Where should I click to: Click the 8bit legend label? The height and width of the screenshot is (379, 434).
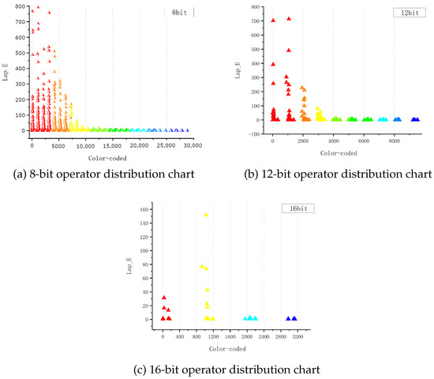point(179,13)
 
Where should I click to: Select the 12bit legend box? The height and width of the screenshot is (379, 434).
point(410,13)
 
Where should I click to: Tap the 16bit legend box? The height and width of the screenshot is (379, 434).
point(298,208)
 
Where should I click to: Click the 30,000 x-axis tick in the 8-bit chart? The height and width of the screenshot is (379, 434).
point(193,145)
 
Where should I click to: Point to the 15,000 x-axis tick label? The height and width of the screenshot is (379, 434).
point(112,146)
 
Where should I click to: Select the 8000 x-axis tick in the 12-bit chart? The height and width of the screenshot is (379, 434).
point(394,141)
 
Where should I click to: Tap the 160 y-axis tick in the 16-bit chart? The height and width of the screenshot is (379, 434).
point(144,209)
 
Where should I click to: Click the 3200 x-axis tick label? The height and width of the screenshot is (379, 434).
point(297,336)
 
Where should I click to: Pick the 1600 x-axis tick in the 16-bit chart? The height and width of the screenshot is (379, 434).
point(230,336)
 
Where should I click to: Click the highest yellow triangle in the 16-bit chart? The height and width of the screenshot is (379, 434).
point(206,215)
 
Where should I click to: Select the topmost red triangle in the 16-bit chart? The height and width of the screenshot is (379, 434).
point(164,298)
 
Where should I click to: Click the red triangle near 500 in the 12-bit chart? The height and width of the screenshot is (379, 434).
point(289,51)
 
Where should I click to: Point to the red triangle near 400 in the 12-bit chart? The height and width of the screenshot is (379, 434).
point(273,64)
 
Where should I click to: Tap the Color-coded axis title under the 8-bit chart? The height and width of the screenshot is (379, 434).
point(107,158)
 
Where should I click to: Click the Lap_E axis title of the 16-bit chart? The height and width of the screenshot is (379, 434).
point(129,266)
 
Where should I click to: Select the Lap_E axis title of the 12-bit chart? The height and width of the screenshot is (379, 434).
point(238,70)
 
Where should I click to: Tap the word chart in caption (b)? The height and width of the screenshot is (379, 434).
point(418,174)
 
